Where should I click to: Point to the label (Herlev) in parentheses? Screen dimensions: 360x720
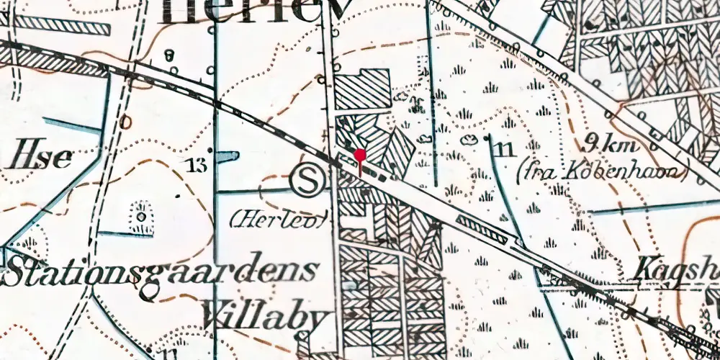279,218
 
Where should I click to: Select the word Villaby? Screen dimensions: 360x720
265,314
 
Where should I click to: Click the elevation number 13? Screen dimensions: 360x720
195,166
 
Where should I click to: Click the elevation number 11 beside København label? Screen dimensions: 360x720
504,150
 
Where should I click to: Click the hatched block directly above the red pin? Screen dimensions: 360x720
364,89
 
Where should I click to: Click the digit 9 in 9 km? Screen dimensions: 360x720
593,141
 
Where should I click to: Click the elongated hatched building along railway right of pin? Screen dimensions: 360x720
484,228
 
